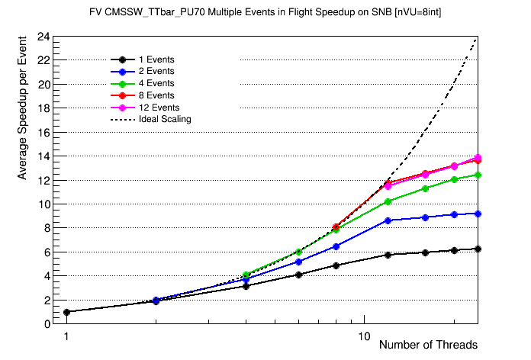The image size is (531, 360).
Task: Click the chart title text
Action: (265, 12)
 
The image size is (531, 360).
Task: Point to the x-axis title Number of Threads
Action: (428, 345)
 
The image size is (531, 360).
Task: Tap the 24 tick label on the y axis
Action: (43, 37)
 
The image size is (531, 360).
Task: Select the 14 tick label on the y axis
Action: (43, 156)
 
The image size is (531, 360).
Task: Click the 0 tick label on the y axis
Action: (47, 324)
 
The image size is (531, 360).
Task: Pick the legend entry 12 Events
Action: (159, 108)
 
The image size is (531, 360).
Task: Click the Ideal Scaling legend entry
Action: (165, 119)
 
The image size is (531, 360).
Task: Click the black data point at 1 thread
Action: (66, 312)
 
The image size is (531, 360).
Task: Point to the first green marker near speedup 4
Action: (246, 275)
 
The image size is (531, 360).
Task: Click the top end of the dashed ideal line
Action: (478, 37)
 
